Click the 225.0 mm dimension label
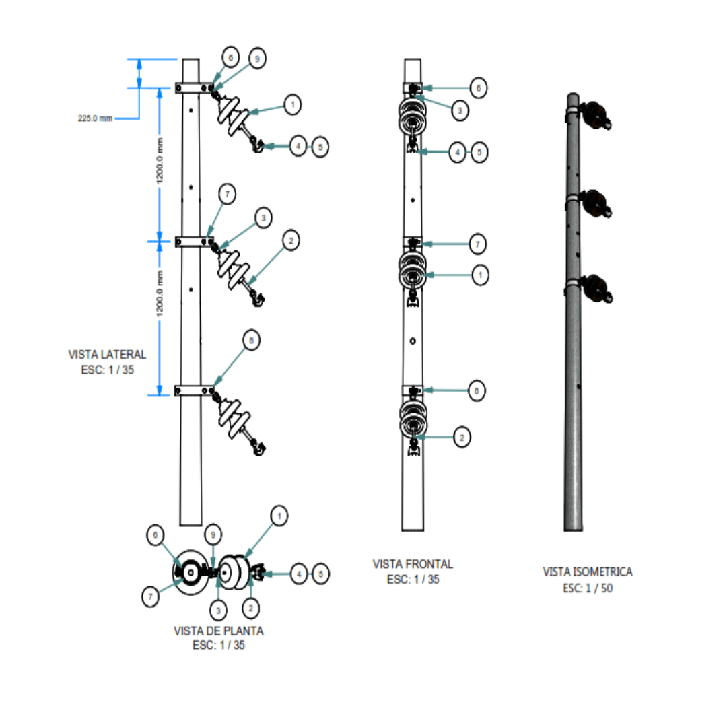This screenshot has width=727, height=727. click(x=95, y=118)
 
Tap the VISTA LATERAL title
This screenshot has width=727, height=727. click(x=107, y=354)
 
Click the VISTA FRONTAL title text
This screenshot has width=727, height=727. click(x=413, y=564)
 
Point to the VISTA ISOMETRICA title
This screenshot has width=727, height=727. click(x=588, y=572)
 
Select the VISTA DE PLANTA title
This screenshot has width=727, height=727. click(x=219, y=631)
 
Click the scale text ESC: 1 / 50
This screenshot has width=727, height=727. click(x=588, y=588)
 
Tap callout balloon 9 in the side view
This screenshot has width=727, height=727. click(x=256, y=59)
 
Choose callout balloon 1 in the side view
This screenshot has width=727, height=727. click(x=292, y=104)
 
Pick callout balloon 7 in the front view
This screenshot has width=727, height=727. click(x=477, y=243)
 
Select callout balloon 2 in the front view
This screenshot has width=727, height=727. click(x=461, y=437)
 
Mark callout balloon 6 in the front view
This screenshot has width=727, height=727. click(x=478, y=88)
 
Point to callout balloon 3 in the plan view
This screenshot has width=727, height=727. click(x=218, y=611)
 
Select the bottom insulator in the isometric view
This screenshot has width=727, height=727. click(x=596, y=289)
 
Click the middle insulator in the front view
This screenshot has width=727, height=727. click(x=411, y=271)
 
